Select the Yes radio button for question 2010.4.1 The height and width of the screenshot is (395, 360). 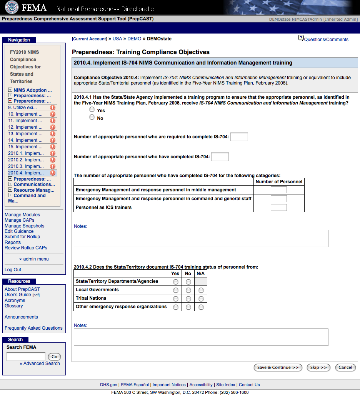click(x=92, y=110)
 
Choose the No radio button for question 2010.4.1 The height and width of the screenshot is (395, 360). click(x=92, y=117)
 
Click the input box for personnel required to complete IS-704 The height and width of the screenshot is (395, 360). click(x=239, y=137)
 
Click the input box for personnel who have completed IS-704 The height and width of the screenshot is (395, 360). click(x=220, y=157)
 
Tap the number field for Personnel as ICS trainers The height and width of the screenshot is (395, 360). click(x=279, y=207)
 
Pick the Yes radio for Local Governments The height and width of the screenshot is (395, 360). click(x=176, y=290)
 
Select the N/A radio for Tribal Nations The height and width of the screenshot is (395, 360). click(x=201, y=299)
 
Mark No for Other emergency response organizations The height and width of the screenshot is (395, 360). click(x=188, y=307)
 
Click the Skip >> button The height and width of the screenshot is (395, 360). click(x=318, y=368)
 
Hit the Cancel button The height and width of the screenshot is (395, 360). click(x=345, y=368)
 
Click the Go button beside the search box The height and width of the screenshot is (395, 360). click(x=54, y=357)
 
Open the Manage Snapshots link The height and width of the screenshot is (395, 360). click(x=24, y=226)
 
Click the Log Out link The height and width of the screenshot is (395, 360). click(x=13, y=270)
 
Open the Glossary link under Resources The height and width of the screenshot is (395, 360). click(x=14, y=306)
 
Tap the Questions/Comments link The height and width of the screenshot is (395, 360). click(x=326, y=40)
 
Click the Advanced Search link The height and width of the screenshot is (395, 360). click(x=42, y=363)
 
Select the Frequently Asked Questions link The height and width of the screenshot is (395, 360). click(x=33, y=328)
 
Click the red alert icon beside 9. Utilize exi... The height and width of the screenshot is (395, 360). click(x=53, y=108)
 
